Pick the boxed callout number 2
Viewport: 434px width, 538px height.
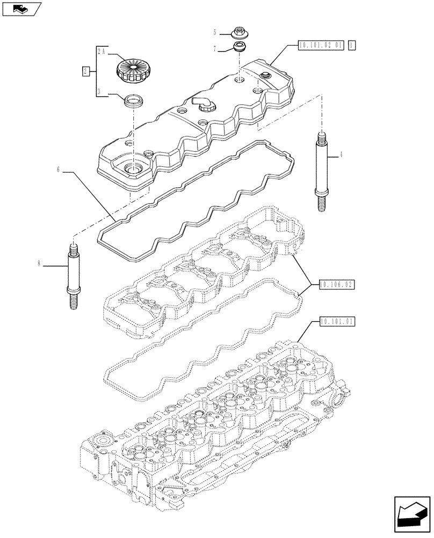click(x=85, y=71)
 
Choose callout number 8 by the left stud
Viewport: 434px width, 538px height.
click(x=39, y=264)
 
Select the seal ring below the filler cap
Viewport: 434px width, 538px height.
click(x=132, y=101)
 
